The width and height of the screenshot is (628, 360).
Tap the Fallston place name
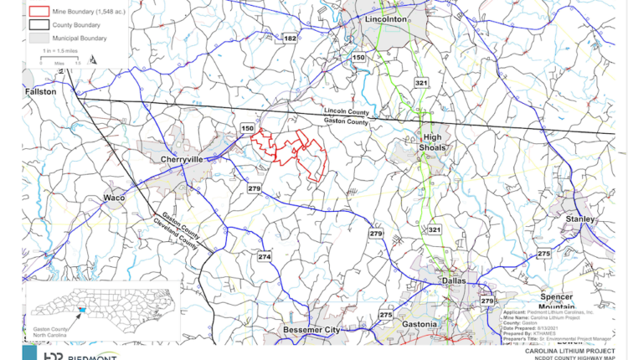point(40,90)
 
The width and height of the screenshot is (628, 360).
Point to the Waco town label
point(113,198)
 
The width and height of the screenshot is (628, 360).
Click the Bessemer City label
point(310,331)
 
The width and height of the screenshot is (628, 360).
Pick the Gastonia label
point(418,323)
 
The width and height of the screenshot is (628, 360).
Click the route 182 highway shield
point(290,39)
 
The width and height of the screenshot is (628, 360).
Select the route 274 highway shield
point(265,256)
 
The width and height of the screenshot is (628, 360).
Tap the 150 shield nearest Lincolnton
point(358,57)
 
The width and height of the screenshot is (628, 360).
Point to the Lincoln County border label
point(346,113)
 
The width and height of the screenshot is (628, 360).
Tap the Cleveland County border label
point(175,234)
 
